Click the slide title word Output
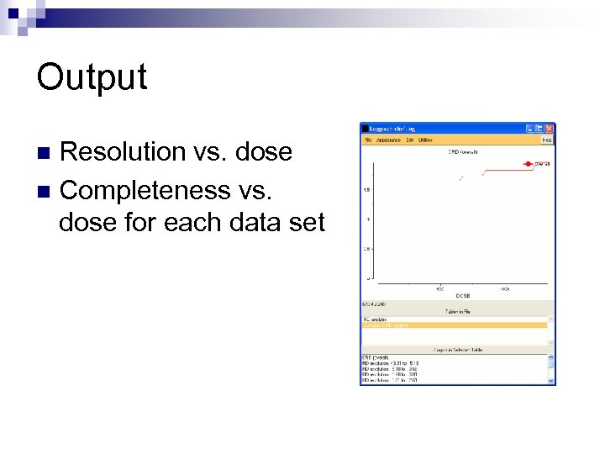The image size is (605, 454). pos(92,77)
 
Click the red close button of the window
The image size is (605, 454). pos(550,129)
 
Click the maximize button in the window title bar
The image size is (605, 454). pos(539,129)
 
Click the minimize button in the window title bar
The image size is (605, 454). pos(529,129)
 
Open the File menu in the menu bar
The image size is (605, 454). pos(366,140)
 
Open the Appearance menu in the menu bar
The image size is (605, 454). pos(387,140)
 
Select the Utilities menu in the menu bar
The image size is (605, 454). pos(425,140)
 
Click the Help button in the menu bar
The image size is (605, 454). pos(546,140)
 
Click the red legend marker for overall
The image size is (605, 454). pos(529,164)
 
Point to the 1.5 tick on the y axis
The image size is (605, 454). pos(367,190)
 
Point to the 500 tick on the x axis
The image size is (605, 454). pos(439,288)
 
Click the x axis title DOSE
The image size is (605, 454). pos(462,295)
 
